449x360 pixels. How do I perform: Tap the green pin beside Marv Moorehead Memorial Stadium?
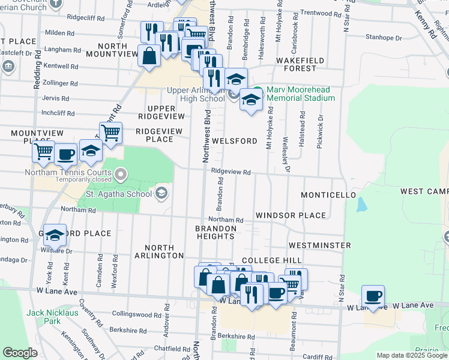(257, 92)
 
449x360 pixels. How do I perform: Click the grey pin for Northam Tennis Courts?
(121, 174)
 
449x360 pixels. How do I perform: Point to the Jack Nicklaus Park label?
(52, 317)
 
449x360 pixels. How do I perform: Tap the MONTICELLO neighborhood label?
(328, 196)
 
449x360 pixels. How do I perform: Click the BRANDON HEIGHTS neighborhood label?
(215, 232)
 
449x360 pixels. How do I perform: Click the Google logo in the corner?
(20, 353)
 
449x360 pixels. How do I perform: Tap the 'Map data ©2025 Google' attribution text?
(412, 355)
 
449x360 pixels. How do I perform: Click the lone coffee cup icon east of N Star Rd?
(373, 296)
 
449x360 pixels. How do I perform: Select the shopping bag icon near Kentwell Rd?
(148, 56)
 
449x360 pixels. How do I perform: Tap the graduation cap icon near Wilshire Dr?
(55, 235)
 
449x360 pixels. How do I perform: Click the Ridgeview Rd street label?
(231, 172)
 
